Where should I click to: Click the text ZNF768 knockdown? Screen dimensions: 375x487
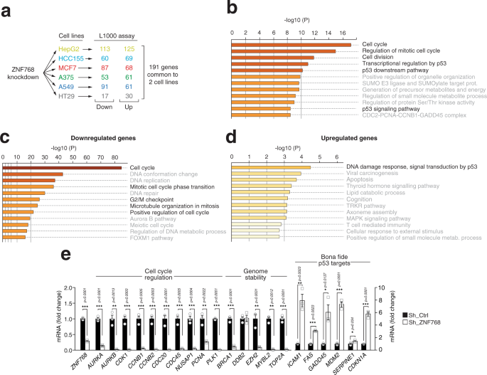[22, 72]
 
